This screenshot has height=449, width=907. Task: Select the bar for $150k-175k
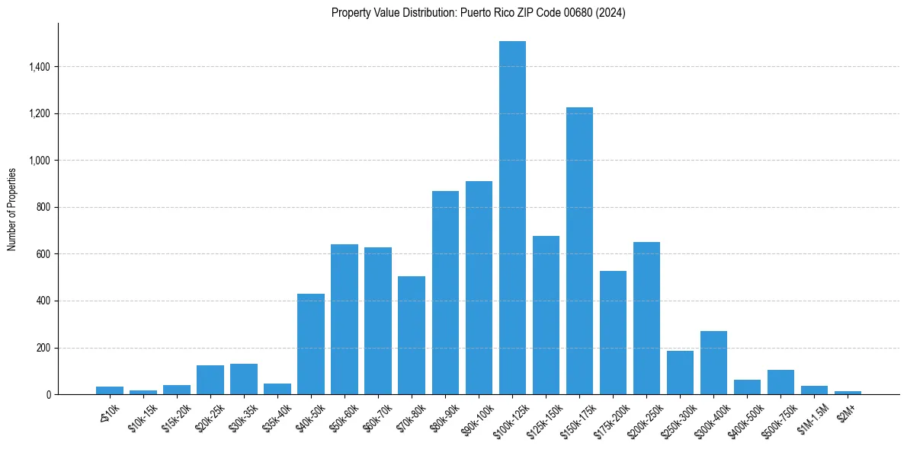(x=579, y=251)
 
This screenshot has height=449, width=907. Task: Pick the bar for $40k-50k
(x=311, y=344)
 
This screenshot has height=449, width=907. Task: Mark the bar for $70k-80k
(x=412, y=335)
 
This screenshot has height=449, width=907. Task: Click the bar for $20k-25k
(x=210, y=380)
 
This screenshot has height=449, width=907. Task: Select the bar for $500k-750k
(x=780, y=382)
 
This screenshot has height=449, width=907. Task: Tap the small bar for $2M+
(x=848, y=393)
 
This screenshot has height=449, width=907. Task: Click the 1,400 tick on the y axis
(x=39, y=67)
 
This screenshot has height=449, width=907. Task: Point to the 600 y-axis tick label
(x=43, y=254)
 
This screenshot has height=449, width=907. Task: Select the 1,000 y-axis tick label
(x=39, y=161)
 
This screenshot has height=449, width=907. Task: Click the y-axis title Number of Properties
(x=12, y=209)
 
